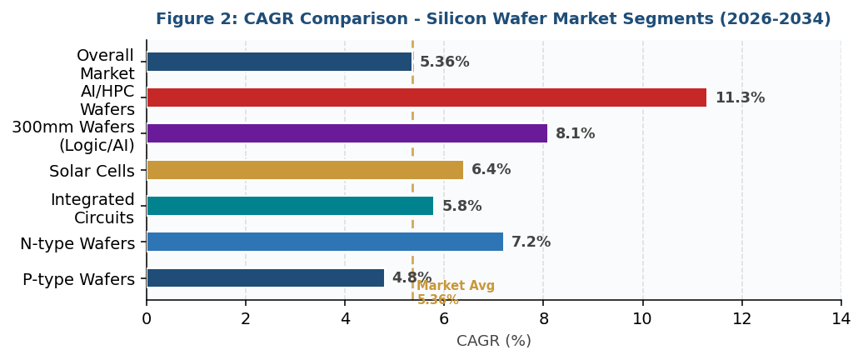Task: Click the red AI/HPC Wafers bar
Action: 427,97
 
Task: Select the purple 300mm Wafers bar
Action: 347,133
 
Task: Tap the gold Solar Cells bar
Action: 305,170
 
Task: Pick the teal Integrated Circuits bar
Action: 290,206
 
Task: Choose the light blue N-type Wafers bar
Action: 325,242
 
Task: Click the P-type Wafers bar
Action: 265,278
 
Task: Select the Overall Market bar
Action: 279,62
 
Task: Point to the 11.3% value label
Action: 740,98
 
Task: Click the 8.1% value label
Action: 575,134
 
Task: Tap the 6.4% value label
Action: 491,170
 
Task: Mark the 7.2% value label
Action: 531,242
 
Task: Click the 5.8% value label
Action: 461,207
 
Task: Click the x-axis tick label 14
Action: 841,319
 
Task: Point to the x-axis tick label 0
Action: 147,319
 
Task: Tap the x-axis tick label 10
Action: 642,319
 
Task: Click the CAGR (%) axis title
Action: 493,341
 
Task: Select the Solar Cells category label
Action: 92,172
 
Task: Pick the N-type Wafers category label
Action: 77,244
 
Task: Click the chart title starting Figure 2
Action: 493,19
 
